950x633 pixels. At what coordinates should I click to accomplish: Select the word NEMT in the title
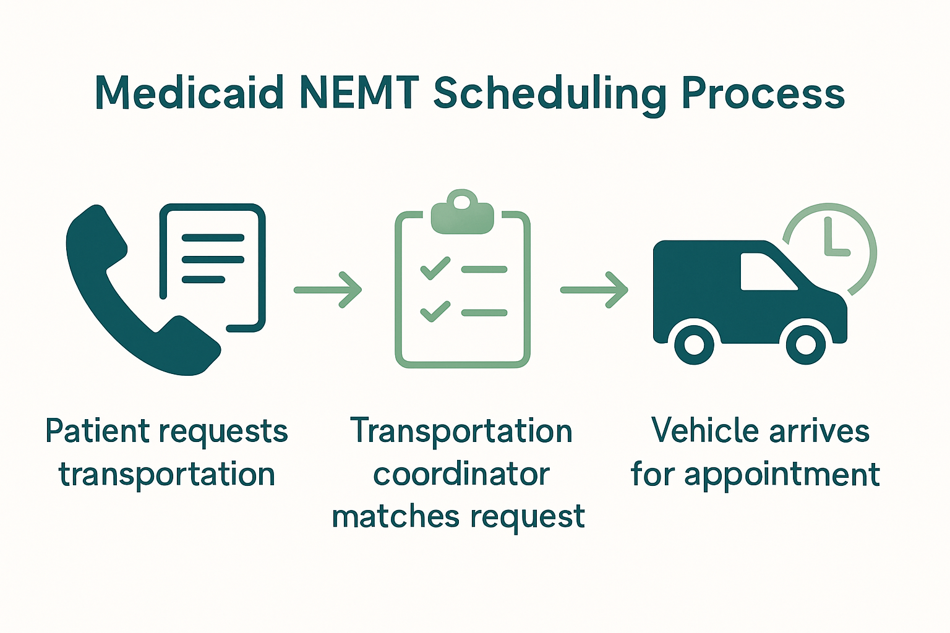359,93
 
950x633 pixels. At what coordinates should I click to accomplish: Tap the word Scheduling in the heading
550,94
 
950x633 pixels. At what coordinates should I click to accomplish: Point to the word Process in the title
763,94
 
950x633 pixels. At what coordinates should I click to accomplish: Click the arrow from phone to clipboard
328,289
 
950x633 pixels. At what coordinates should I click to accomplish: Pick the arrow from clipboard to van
594,289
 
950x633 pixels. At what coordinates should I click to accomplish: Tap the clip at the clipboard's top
462,213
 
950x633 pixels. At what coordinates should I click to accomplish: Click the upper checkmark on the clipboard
435,268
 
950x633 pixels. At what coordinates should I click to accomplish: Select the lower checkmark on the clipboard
435,311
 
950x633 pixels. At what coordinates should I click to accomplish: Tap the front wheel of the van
805,343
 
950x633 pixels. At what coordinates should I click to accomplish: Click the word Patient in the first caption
98,431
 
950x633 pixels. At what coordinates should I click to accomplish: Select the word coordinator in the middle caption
461,475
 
